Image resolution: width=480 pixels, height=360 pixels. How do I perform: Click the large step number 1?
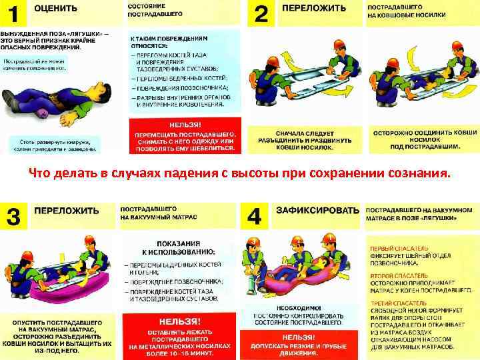[12, 13]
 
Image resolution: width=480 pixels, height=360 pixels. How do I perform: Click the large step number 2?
[261, 13]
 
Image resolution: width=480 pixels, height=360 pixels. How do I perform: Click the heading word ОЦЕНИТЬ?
[55, 9]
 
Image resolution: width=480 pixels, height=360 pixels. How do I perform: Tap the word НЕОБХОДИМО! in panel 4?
[299, 308]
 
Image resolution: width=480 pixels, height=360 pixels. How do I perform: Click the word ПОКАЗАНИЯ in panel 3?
[179, 243]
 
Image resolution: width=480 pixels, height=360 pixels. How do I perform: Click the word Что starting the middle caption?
[39, 174]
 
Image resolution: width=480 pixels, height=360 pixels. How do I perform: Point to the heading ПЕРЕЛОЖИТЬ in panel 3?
[67, 211]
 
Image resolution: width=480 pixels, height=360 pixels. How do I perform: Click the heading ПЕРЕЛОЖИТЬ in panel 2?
[314, 9]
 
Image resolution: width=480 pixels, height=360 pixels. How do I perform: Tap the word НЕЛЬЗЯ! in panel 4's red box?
[299, 338]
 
